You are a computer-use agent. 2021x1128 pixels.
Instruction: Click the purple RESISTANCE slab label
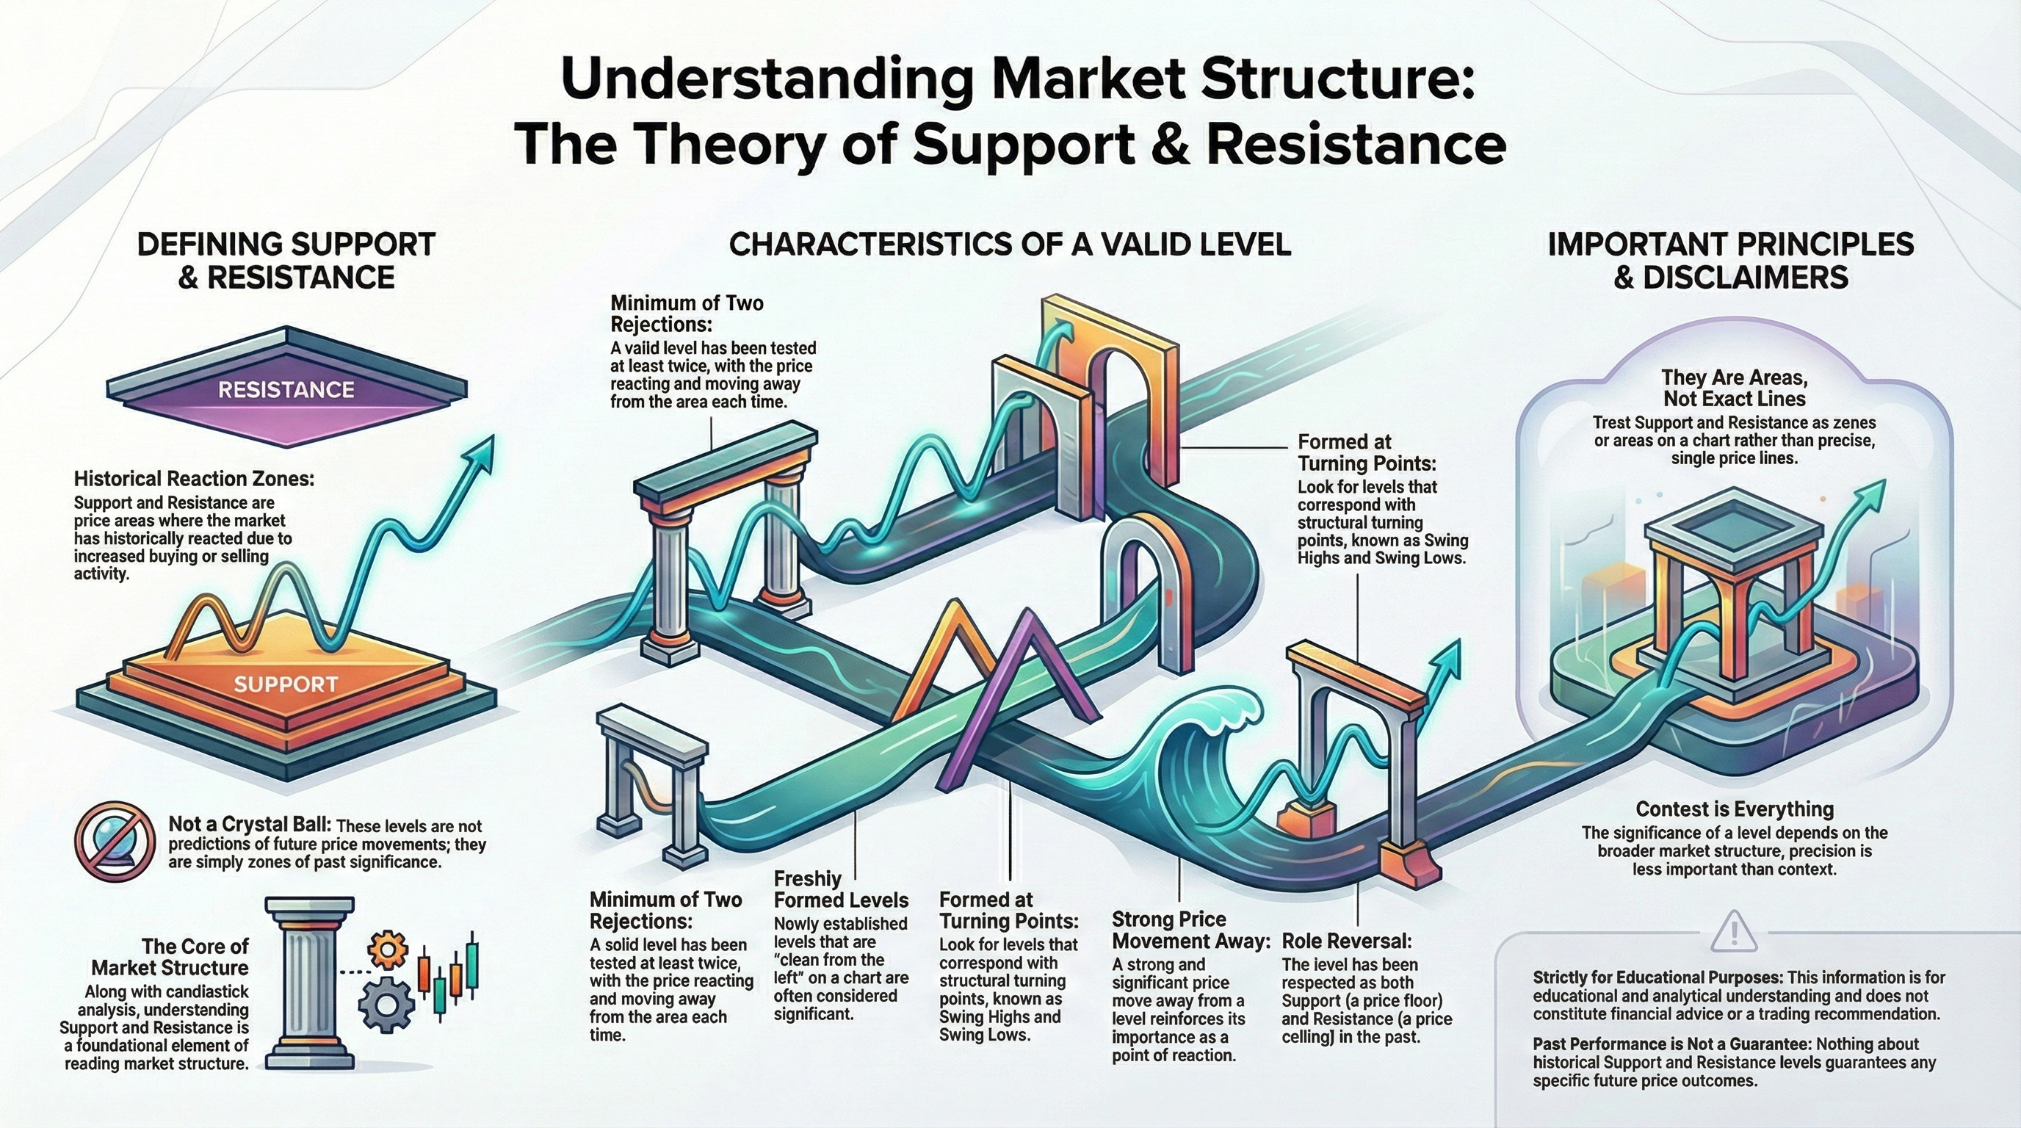pos(286,390)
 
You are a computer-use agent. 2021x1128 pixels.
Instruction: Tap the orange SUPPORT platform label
pos(286,684)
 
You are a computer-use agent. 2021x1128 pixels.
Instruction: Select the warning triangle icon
pos(1735,931)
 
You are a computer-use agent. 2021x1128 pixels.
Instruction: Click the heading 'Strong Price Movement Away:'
pos(1190,930)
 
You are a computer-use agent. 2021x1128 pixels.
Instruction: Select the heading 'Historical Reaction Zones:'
pos(194,479)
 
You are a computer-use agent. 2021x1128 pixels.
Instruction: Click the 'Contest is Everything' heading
pos(1733,809)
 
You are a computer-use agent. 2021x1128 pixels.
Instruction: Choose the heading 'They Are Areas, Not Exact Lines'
pos(1735,388)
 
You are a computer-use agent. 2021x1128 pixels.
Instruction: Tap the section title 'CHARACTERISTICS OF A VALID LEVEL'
pos(1010,245)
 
